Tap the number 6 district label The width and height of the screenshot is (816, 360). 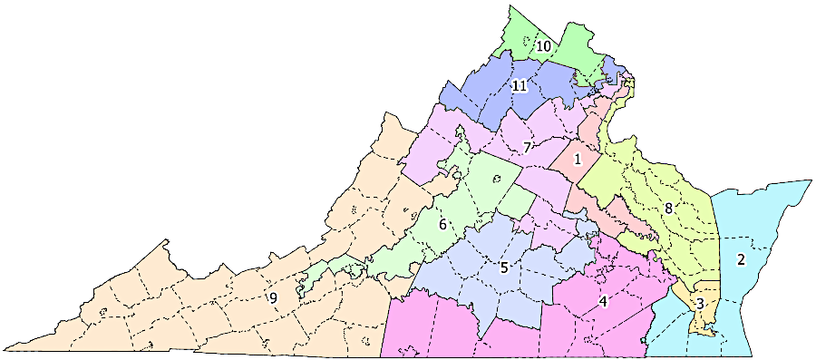(x=443, y=224)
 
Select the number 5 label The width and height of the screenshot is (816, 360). (x=503, y=268)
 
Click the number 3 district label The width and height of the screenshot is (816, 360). (x=700, y=303)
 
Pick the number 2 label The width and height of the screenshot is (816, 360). (x=741, y=260)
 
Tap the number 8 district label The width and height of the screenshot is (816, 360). (x=668, y=208)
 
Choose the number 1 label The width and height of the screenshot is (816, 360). (x=577, y=160)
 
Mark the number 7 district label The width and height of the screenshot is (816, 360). (x=527, y=147)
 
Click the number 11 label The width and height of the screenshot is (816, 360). (x=520, y=86)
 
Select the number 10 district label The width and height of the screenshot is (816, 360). (x=543, y=45)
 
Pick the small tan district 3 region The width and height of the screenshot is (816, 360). (x=707, y=313)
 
